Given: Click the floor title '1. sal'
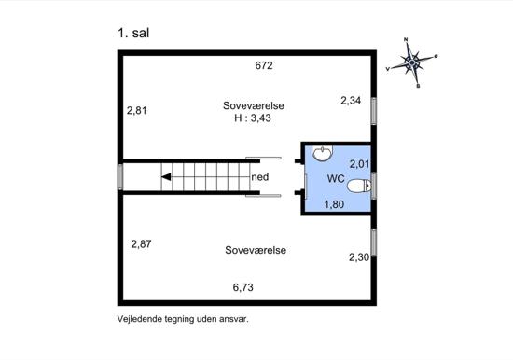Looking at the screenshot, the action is click(x=133, y=33).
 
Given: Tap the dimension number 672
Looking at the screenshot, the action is click(x=264, y=65).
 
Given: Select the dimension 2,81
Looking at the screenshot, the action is click(x=137, y=111).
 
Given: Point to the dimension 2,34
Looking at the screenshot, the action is click(x=351, y=101).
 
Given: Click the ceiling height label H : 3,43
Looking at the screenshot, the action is click(x=253, y=118).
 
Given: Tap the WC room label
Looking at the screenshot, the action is click(x=336, y=179).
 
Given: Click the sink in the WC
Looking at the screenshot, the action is click(x=323, y=153).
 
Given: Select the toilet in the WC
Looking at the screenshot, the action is click(x=359, y=186).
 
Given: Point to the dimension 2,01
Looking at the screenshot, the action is click(x=359, y=163).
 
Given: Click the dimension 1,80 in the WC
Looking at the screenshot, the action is click(x=334, y=204).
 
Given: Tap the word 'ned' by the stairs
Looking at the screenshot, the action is click(x=260, y=177).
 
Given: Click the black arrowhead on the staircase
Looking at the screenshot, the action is click(x=166, y=177).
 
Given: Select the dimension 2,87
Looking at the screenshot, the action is click(x=141, y=243).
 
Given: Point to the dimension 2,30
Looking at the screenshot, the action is click(x=359, y=257).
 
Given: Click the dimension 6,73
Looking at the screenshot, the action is click(x=243, y=287).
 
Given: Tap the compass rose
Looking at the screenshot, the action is click(x=412, y=62).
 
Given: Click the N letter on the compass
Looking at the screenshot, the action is click(x=406, y=39).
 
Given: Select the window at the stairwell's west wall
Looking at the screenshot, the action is click(x=120, y=177).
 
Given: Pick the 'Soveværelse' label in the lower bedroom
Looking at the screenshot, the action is click(x=256, y=250).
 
